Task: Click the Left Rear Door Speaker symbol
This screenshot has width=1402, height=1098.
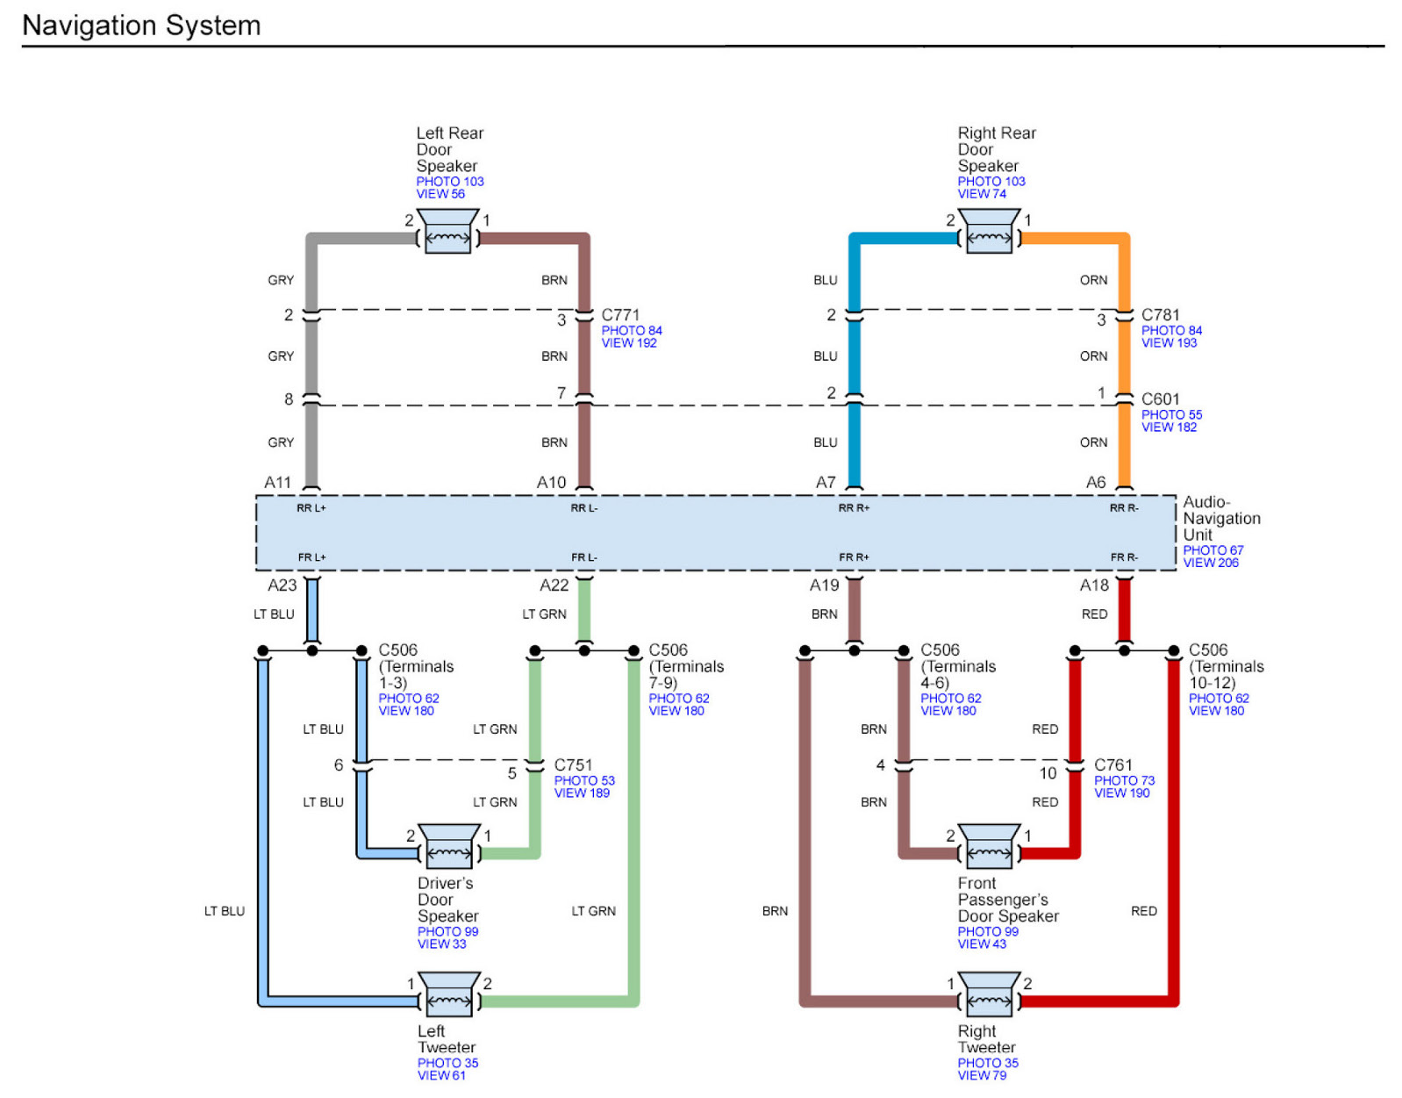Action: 448,231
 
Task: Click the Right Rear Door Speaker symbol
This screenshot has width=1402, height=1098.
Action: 989,231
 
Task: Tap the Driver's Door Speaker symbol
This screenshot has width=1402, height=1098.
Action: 449,846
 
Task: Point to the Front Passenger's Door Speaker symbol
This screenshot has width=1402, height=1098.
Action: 989,846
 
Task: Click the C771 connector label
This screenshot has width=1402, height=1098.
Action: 620,314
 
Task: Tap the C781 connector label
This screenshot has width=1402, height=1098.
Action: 1160,314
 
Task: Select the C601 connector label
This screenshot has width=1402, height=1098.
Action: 1160,398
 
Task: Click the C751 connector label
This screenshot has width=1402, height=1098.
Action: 573,764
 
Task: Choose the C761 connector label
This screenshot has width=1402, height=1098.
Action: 1113,764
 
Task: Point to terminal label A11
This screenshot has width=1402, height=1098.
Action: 277,482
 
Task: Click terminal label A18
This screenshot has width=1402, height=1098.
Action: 1094,585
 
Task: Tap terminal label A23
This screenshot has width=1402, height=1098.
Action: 283,585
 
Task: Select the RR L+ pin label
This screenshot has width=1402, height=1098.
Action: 311,508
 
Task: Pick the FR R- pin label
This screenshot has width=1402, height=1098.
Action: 1124,557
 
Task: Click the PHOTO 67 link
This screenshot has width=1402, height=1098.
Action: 1212,550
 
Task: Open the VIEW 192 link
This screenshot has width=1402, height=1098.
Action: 629,343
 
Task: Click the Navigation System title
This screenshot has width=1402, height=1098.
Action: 141,25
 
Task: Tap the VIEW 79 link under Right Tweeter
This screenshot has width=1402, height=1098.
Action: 982,1075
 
